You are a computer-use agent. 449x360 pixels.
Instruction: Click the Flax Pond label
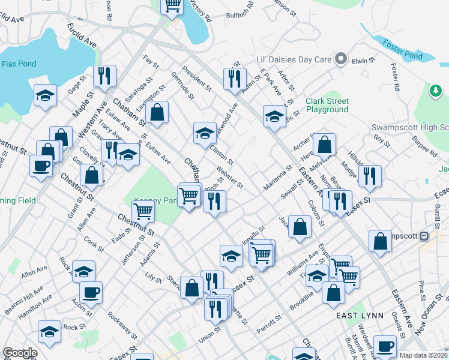coord(19,64)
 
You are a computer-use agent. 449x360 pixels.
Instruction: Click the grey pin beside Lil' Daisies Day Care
coord(342,59)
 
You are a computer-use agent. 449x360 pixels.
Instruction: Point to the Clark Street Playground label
coord(327,105)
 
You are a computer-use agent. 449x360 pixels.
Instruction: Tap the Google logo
coord(19,353)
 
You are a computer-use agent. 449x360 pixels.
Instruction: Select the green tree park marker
coord(435,91)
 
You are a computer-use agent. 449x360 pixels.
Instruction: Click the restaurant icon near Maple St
coord(104,76)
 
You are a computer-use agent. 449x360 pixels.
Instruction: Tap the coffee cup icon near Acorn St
coord(91,292)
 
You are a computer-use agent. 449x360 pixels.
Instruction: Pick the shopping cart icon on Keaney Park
coord(143,211)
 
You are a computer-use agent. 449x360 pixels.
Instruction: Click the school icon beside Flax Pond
coord(45,95)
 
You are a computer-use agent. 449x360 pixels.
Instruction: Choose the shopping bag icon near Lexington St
coord(157,112)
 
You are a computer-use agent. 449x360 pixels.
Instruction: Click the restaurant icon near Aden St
coord(235,79)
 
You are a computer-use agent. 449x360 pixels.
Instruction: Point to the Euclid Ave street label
coord(82,36)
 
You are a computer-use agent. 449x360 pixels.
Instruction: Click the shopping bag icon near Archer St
coord(324,144)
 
